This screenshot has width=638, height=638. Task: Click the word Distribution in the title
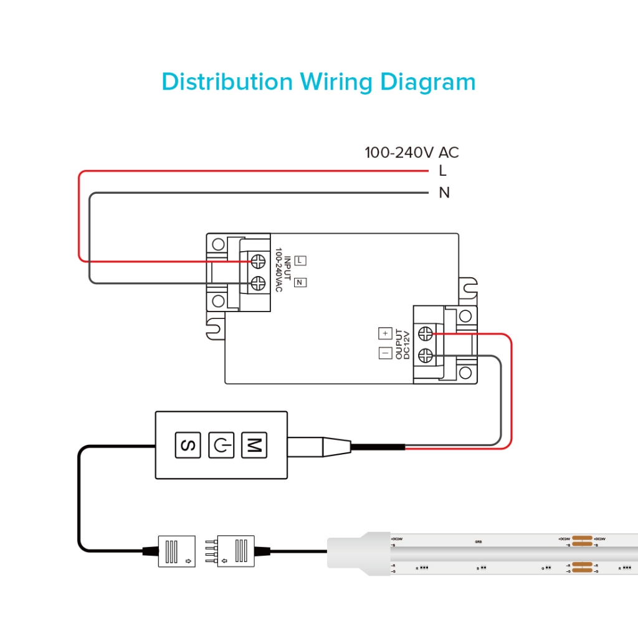click(227, 82)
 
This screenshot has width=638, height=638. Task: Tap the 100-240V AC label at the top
click(411, 153)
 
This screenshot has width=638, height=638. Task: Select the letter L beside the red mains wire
click(443, 171)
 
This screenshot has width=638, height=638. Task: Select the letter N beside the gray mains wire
click(444, 193)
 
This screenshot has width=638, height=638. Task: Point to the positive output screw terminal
click(426, 333)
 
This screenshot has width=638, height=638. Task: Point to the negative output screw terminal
click(426, 356)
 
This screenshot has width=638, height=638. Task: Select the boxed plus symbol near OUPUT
click(385, 333)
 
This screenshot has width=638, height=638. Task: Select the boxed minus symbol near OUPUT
click(385, 353)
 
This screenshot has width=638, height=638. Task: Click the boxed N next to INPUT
click(300, 282)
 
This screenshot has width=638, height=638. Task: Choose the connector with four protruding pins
click(236, 551)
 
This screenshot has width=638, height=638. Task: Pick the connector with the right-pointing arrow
click(177, 551)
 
